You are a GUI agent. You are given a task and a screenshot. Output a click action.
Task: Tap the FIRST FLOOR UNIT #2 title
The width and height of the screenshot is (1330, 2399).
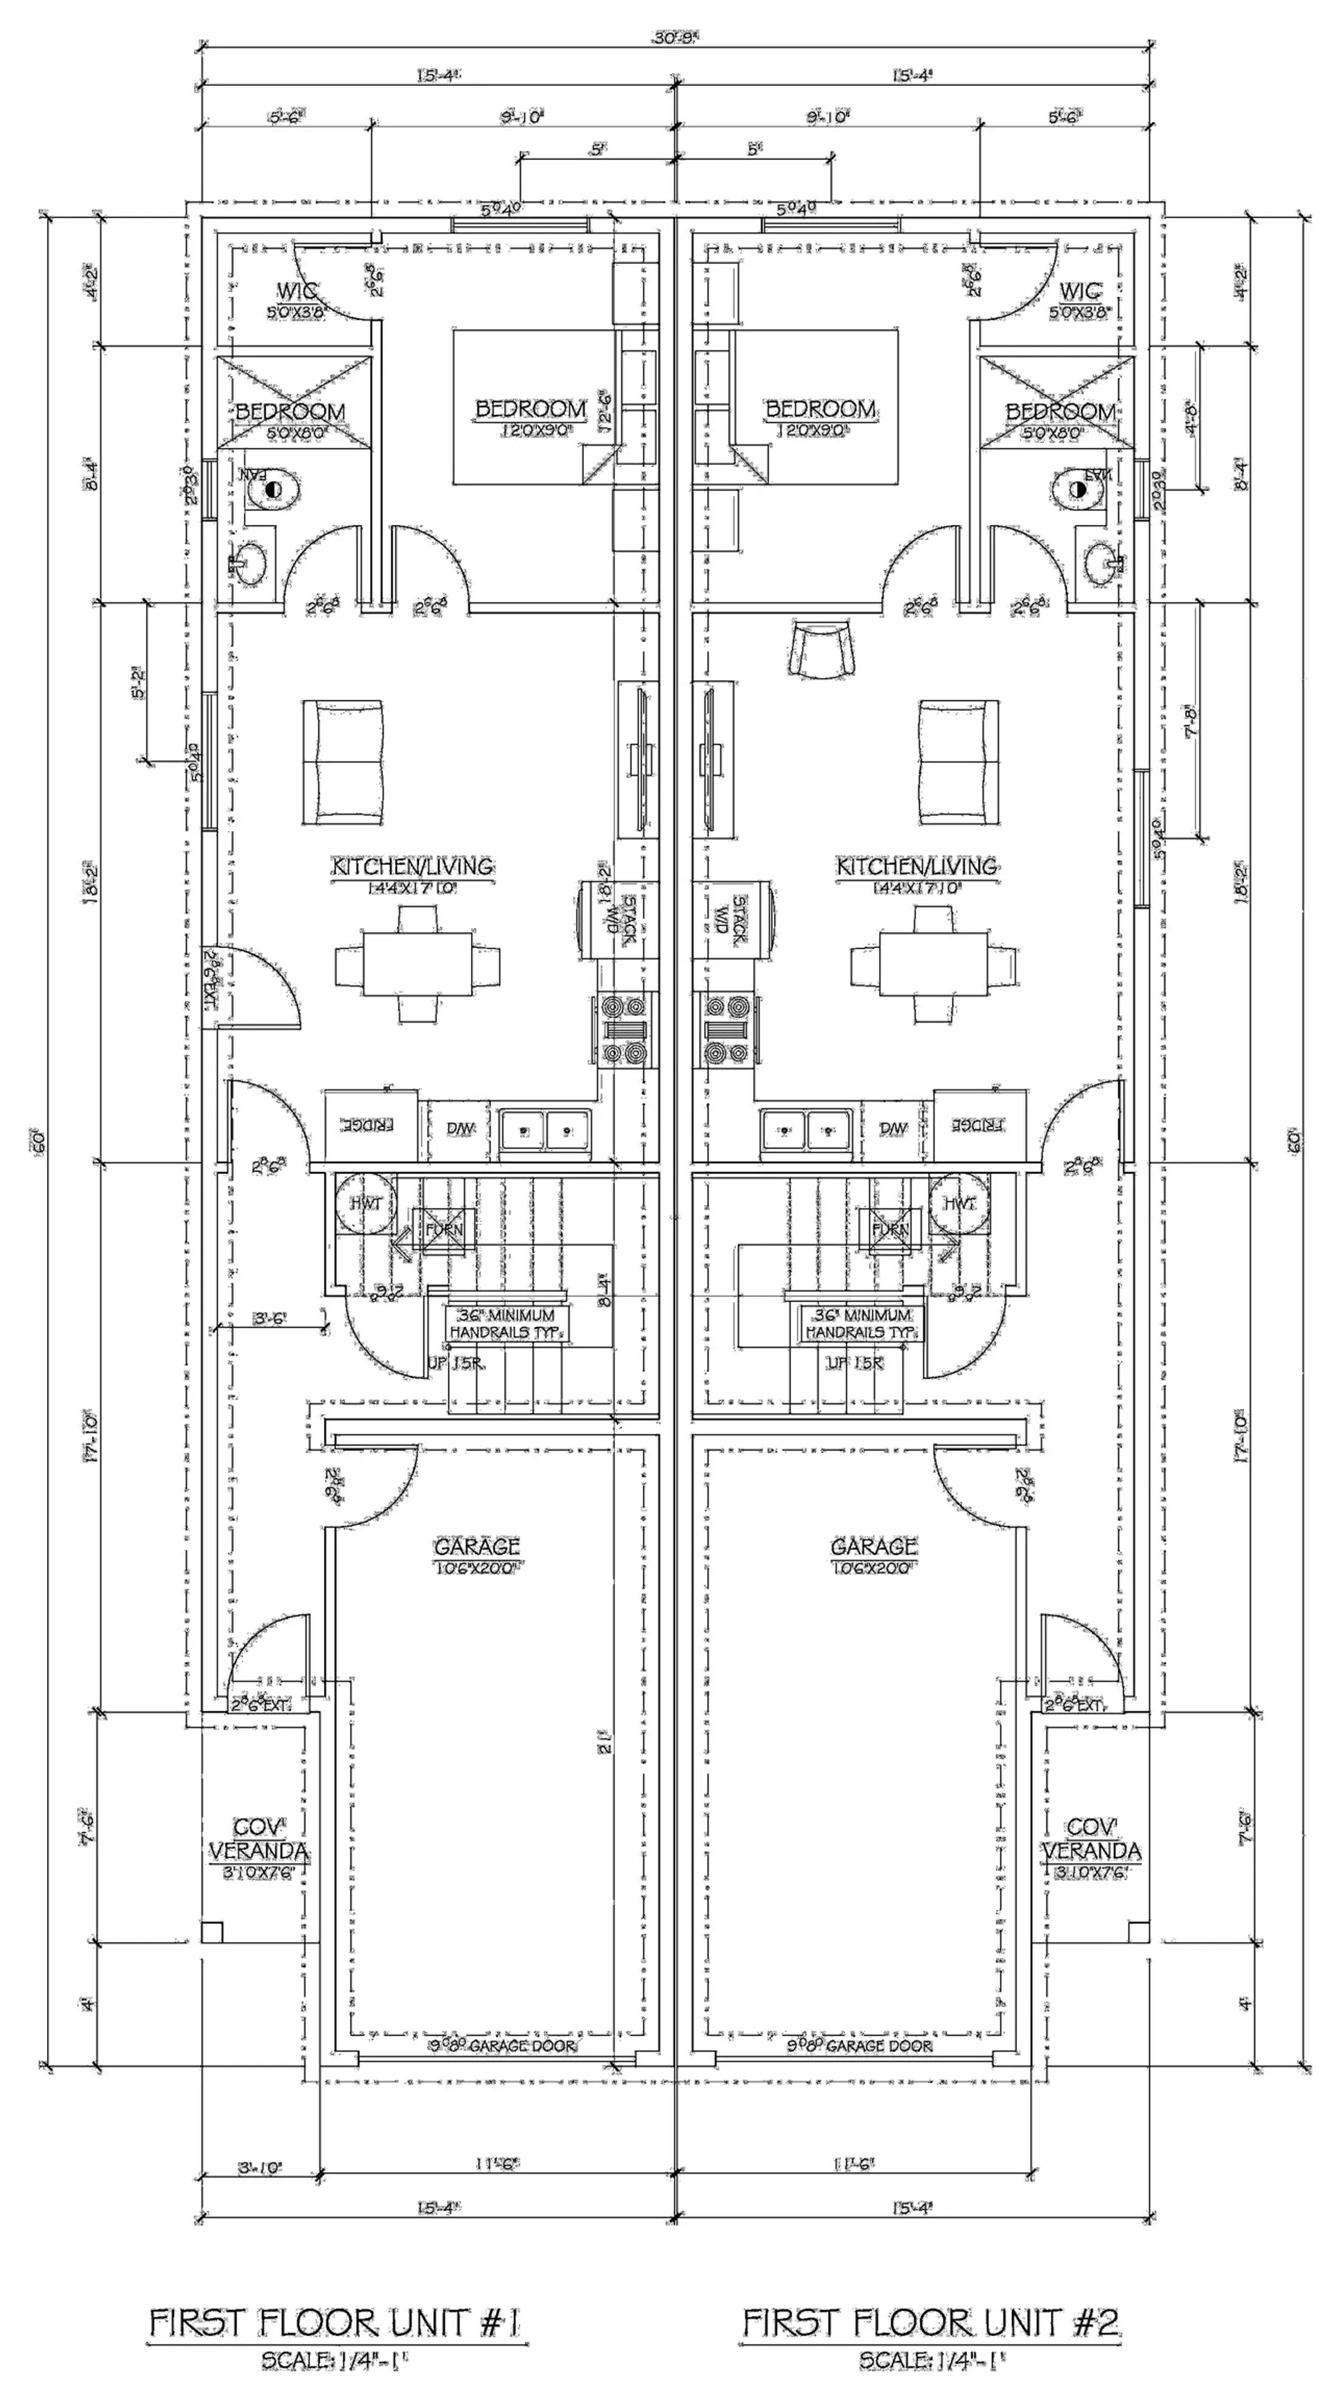click(932, 2323)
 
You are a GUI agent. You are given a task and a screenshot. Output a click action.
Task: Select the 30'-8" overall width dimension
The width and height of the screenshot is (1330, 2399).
click(676, 38)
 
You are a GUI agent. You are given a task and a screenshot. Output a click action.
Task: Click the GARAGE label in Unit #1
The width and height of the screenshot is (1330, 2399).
click(477, 1546)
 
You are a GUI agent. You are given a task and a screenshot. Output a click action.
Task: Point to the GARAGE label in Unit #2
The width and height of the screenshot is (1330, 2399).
click(874, 1546)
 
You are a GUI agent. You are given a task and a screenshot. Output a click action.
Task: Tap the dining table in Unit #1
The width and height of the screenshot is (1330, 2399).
click(416, 965)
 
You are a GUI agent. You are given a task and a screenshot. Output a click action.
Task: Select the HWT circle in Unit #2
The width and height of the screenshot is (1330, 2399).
click(959, 1203)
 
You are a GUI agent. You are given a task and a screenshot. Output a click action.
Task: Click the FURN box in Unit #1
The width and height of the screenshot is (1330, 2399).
click(443, 1229)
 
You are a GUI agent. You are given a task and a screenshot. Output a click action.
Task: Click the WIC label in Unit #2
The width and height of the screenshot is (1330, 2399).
click(1081, 292)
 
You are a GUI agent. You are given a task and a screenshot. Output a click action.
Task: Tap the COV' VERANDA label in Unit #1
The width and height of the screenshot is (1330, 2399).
click(258, 1839)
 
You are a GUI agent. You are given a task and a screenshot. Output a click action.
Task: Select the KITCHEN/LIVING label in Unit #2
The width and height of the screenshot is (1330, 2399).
click(916, 866)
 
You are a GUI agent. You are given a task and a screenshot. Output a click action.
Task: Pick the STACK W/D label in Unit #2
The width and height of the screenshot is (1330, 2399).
click(731, 920)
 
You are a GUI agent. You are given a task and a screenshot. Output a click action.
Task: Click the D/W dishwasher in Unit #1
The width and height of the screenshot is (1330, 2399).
click(460, 1127)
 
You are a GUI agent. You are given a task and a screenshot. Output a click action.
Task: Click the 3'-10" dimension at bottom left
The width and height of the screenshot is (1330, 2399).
click(259, 2168)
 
